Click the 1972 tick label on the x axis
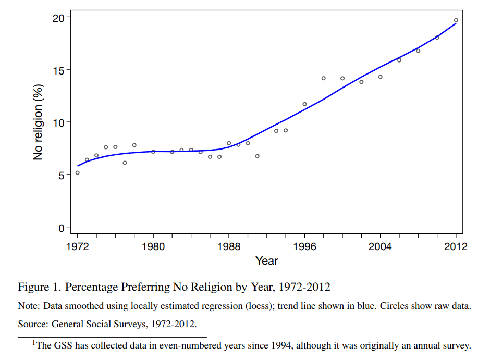(77, 246)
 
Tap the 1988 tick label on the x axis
(229, 246)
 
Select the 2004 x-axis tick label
(380, 246)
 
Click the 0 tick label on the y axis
(60, 228)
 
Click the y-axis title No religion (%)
(38, 122)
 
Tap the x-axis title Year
(266, 261)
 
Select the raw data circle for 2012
(456, 20)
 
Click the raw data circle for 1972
(77, 172)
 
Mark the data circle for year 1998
(323, 78)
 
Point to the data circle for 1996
(304, 104)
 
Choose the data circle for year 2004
(380, 77)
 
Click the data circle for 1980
(153, 152)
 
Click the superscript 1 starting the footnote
(34, 342)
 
